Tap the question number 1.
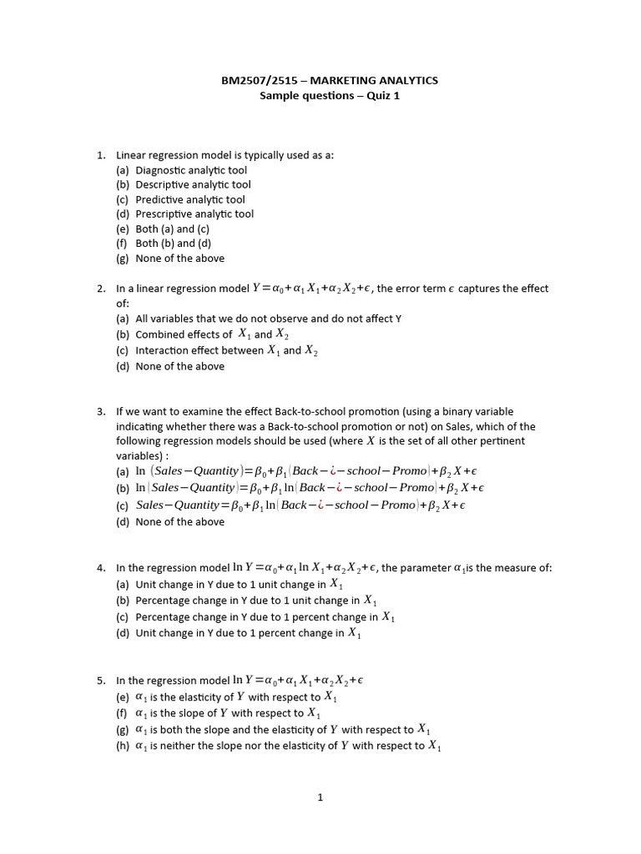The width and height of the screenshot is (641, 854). [x=100, y=155]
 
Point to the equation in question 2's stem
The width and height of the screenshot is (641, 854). [x=310, y=289]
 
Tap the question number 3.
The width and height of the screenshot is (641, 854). [x=100, y=411]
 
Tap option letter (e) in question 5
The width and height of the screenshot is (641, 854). [x=123, y=696]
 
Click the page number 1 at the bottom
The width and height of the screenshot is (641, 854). [x=320, y=797]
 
